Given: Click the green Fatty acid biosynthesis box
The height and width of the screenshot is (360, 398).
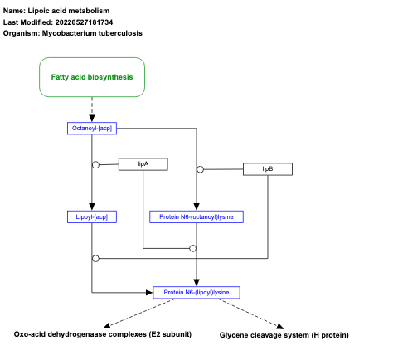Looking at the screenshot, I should pyautogui.click(x=92, y=76).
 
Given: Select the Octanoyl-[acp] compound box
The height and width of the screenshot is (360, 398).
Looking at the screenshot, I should pyautogui.click(x=92, y=128).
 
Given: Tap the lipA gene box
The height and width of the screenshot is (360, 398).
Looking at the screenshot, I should pyautogui.click(x=143, y=164).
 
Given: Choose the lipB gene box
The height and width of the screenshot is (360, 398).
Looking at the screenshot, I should pyautogui.click(x=268, y=169).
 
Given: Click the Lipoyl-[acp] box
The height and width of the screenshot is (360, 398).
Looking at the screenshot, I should pyautogui.click(x=91, y=216).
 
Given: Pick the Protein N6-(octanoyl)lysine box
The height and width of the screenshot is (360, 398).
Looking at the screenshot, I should pyautogui.click(x=197, y=216).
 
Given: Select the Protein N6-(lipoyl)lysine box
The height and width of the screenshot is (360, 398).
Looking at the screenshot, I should pyautogui.click(x=197, y=292).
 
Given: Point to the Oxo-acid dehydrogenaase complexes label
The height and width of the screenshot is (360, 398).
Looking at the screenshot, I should pyautogui.click(x=103, y=334).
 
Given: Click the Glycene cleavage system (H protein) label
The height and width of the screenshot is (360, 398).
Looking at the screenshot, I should pyautogui.click(x=284, y=335).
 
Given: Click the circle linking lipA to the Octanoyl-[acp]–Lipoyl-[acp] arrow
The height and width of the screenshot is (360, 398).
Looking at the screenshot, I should pyautogui.click(x=96, y=164).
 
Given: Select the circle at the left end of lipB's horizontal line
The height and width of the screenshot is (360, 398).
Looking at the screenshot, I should pyautogui.click(x=201, y=169).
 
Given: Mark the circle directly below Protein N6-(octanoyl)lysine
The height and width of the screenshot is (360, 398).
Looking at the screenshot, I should pyautogui.click(x=192, y=248).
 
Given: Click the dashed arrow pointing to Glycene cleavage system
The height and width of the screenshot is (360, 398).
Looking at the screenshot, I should pyautogui.click(x=254, y=313).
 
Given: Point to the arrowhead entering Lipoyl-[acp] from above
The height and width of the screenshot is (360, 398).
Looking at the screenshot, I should pyautogui.click(x=92, y=207).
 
